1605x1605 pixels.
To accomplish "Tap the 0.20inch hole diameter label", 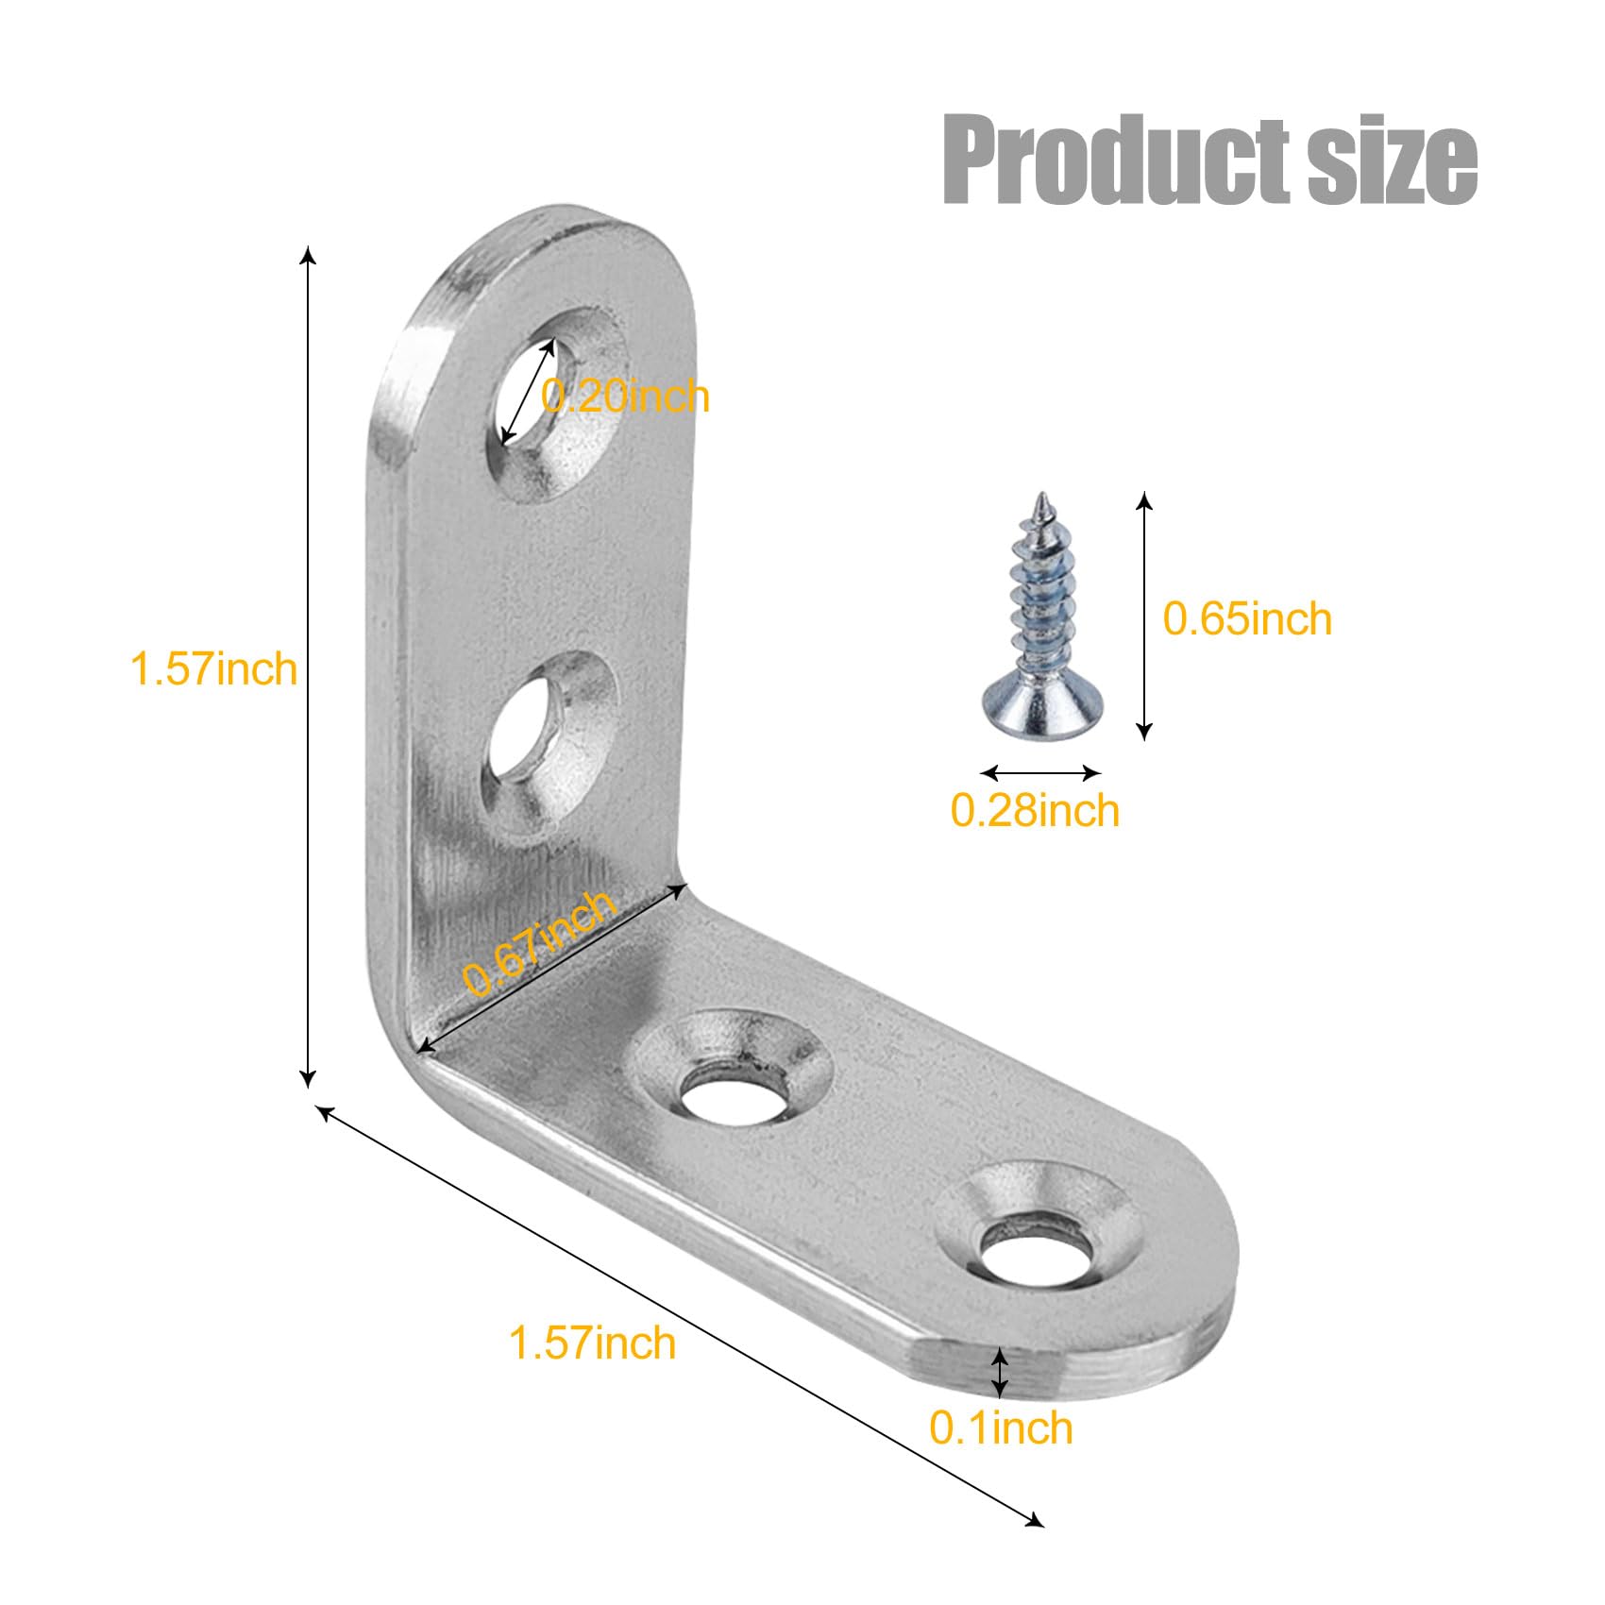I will [625, 397].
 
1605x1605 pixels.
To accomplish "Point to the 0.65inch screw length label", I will [1247, 619].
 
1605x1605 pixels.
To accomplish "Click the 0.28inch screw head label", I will [1035, 811].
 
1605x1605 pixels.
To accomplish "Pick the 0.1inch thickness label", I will [1002, 1428].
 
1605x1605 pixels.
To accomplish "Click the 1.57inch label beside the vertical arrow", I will [213, 668].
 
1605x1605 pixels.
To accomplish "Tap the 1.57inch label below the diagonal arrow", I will [592, 1343].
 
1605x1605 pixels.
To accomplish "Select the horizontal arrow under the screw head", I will [1040, 773].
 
